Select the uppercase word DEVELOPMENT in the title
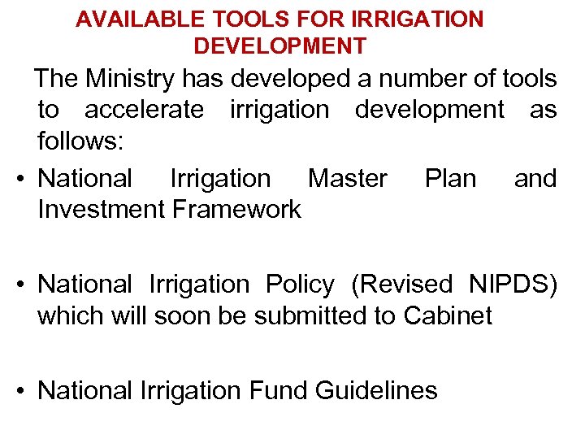(x=279, y=46)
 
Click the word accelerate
(x=145, y=110)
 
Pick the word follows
(x=80, y=141)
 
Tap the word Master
(x=348, y=178)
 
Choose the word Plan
(x=450, y=178)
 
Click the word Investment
(x=102, y=209)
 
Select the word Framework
(x=236, y=209)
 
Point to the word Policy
(x=300, y=285)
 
